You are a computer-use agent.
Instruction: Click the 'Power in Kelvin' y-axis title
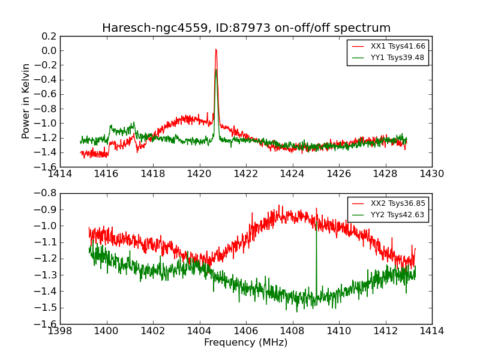click(x=26, y=101)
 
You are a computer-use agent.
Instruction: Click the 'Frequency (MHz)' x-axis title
click(x=246, y=343)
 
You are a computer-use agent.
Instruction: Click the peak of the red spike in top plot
click(x=216, y=50)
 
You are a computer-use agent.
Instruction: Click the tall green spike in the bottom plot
click(x=316, y=228)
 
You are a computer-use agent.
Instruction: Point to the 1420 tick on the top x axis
click(x=199, y=174)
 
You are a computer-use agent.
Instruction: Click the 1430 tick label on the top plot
click(x=431, y=174)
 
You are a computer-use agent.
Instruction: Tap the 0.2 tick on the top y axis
click(x=49, y=36)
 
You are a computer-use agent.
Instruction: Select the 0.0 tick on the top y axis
click(x=49, y=50)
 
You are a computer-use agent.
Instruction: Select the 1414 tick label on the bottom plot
click(x=431, y=331)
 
